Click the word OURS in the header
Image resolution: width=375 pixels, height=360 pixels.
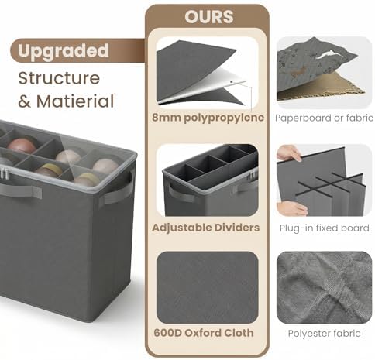209,17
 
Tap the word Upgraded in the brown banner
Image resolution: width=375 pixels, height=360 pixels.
64,51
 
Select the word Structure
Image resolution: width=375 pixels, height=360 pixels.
59,78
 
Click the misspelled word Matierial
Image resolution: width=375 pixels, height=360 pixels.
75,101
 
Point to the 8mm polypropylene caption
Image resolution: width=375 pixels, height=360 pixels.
208,118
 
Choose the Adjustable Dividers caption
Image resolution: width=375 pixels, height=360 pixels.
206,228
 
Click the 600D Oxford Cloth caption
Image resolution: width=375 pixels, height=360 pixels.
204,333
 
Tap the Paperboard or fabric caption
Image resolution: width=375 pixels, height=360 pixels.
324,118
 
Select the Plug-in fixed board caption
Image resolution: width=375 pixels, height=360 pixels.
324,228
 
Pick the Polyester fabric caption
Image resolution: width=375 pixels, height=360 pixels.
324,334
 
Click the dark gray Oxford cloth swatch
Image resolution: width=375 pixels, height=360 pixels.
208,287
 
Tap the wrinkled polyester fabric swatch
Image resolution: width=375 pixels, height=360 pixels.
324,287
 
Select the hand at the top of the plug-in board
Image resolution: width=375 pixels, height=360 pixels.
289,153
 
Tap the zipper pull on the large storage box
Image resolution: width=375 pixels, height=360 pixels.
4,173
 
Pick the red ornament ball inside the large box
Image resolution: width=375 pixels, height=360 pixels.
22,146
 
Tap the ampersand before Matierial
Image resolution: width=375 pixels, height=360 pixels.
25,101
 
